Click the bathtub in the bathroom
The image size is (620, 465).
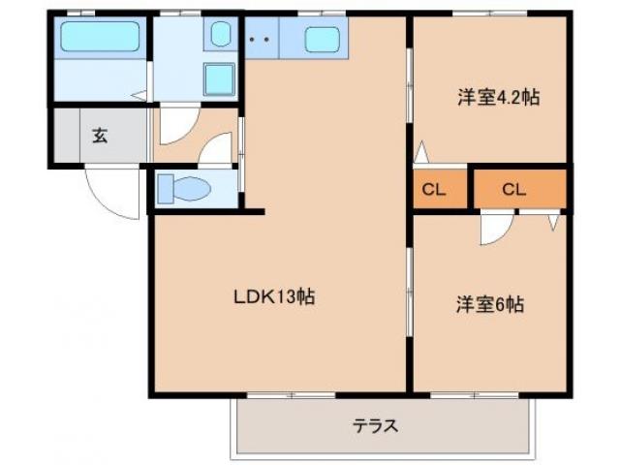[101, 39]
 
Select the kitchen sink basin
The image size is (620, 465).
[323, 41]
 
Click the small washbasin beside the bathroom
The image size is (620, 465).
[218, 38]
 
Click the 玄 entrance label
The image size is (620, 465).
[100, 136]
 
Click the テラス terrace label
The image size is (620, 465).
[375, 425]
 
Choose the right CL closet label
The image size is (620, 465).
[513, 189]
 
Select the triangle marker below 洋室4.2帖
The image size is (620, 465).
[421, 153]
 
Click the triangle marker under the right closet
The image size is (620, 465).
[554, 222]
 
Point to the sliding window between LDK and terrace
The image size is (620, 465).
[291, 395]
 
